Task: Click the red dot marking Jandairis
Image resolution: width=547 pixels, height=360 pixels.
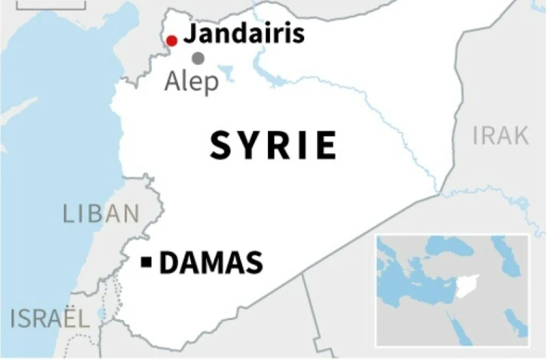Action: (172, 41)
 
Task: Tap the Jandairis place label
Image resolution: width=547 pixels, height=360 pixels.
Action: (244, 34)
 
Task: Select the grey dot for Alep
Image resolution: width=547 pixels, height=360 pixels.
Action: (198, 58)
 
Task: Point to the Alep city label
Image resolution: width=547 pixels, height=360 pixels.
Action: (192, 81)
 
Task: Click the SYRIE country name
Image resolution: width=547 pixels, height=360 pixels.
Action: (273, 145)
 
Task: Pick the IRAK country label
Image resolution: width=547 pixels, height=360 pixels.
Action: (500, 136)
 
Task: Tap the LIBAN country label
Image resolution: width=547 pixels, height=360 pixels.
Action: (101, 214)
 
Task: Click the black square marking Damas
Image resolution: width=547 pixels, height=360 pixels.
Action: (147, 263)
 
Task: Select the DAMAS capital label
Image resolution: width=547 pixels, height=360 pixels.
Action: (211, 263)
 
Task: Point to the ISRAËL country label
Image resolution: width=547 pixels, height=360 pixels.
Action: (50, 318)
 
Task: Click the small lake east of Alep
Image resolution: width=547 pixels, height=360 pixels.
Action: (226, 73)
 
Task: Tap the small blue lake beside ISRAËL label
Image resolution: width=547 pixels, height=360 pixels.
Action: (102, 314)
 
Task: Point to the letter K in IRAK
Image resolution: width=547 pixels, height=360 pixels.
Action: (520, 136)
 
